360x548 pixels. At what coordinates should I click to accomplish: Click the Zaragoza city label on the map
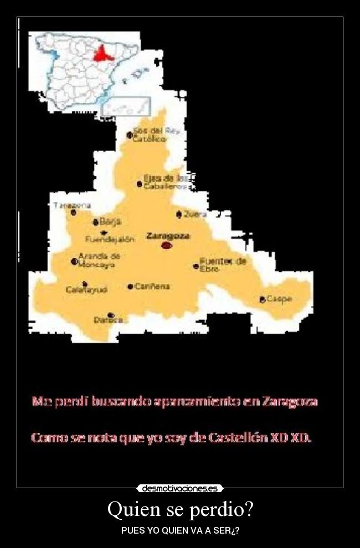click(x=168, y=235)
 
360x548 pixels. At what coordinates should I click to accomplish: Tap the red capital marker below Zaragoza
click(x=166, y=245)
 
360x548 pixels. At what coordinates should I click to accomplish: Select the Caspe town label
click(x=279, y=298)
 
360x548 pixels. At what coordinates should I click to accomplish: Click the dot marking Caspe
click(x=263, y=299)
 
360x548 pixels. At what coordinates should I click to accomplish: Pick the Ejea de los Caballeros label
click(x=166, y=182)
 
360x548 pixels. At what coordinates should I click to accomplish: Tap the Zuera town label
click(x=195, y=214)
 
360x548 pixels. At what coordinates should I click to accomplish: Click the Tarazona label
click(x=72, y=205)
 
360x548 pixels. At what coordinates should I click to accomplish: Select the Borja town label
click(x=110, y=221)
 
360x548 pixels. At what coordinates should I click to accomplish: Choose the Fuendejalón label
click(x=110, y=239)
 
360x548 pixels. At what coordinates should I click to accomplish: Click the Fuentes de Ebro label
click(x=223, y=265)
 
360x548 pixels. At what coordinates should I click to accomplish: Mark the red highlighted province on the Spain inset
click(x=102, y=54)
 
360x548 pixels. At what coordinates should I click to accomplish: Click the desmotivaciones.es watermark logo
click(x=180, y=489)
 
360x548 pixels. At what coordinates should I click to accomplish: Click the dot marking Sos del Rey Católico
click(x=130, y=135)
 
